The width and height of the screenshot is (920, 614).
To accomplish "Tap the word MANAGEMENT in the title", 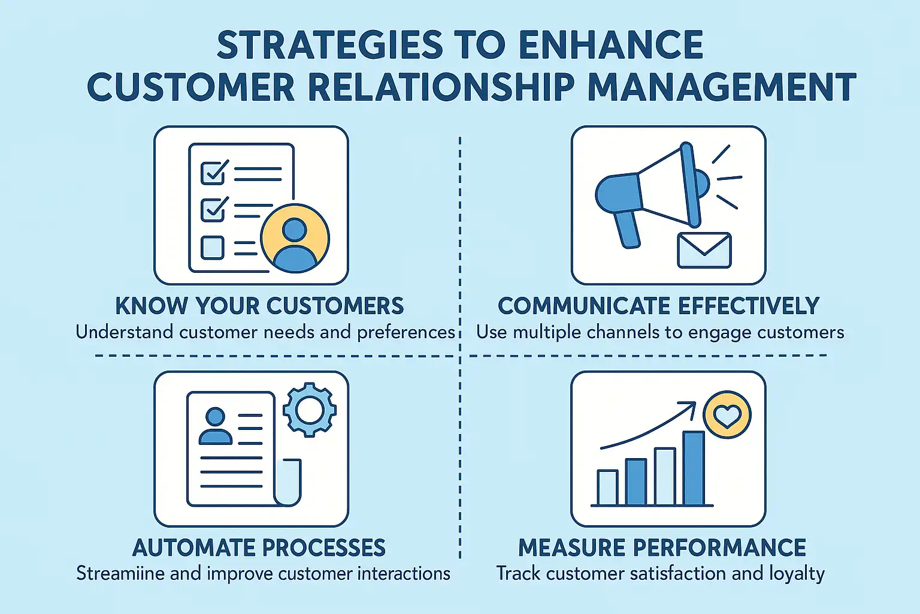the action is tap(723, 87).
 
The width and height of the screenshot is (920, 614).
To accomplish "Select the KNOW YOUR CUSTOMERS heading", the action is tap(259, 306).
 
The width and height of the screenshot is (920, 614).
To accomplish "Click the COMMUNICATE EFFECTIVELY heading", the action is tap(659, 306).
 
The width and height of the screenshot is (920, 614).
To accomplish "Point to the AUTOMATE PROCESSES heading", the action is tap(259, 547).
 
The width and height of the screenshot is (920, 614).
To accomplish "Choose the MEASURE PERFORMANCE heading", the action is tap(662, 547).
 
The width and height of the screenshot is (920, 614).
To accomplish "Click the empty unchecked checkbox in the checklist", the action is tap(213, 248).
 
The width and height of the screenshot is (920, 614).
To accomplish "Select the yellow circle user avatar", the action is tap(295, 239).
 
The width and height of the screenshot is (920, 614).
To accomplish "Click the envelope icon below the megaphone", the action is tap(704, 251).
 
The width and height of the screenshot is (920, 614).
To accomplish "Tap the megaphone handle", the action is tap(626, 230).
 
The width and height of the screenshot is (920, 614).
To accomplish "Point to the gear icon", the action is tap(310, 410).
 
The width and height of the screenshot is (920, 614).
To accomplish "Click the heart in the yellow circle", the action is tap(727, 416).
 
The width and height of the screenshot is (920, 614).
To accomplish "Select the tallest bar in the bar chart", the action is tap(693, 468).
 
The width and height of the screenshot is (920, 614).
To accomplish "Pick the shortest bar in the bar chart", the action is tap(607, 487).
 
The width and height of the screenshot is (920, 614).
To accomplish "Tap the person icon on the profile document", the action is tap(216, 426).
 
